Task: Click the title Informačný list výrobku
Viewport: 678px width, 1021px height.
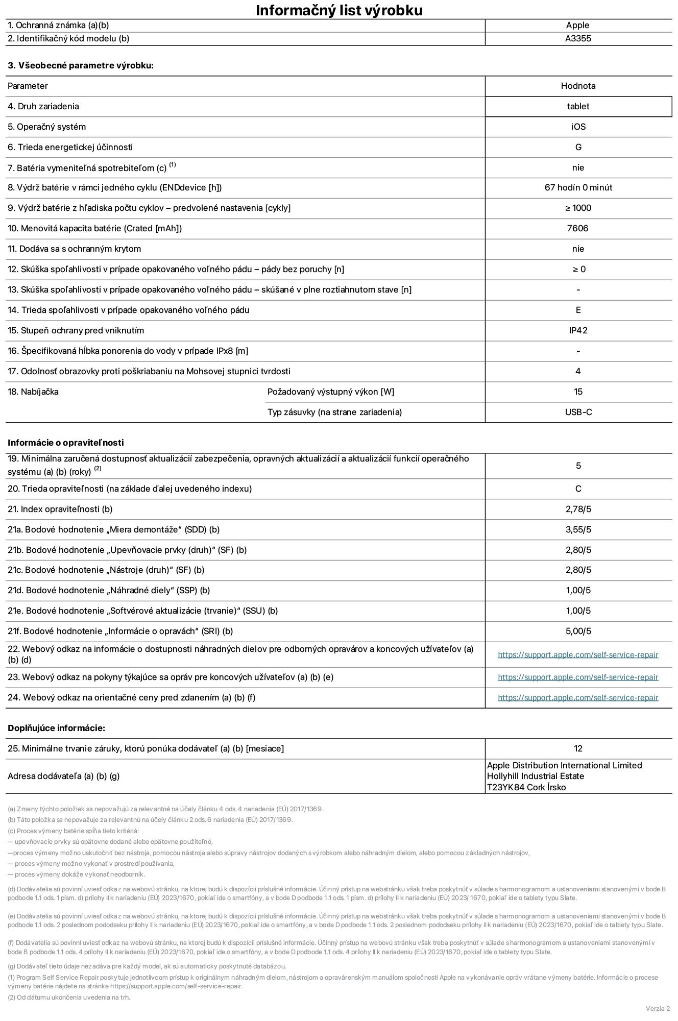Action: [339, 10]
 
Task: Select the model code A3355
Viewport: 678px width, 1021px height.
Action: [578, 38]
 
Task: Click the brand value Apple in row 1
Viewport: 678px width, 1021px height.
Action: [577, 25]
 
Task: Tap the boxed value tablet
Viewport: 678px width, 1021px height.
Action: [578, 106]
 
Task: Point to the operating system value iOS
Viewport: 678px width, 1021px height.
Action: [578, 127]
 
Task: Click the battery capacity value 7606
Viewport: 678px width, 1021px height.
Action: [577, 228]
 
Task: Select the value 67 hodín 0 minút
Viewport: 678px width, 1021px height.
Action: [578, 187]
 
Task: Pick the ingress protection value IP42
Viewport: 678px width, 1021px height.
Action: [578, 330]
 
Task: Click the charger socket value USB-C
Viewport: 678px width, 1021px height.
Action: [578, 412]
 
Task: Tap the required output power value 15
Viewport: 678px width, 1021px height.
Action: [578, 392]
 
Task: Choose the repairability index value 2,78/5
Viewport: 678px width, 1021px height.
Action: [578, 509]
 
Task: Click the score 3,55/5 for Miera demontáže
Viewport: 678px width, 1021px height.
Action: [578, 529]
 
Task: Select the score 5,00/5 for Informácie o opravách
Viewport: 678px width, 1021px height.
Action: [578, 631]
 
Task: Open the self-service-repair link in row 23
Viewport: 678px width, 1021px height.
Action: [578, 677]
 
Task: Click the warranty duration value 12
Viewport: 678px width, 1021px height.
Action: [578, 748]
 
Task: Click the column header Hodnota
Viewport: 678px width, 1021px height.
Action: [578, 86]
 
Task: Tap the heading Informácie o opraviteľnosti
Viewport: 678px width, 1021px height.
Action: [66, 443]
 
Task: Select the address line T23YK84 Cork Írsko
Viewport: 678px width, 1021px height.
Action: [526, 787]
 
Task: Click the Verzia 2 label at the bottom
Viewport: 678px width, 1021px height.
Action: [658, 1008]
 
